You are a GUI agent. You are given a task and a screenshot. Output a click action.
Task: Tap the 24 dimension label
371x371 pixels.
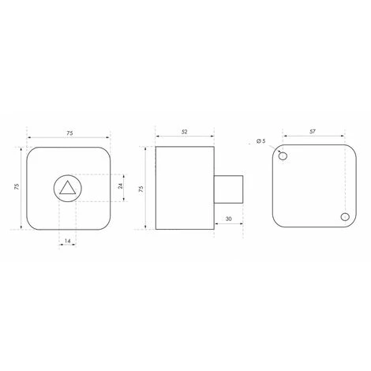(x=121, y=185)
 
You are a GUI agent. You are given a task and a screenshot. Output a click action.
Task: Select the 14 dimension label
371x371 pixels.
(x=68, y=241)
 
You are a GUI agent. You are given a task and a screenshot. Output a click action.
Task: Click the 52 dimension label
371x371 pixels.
(x=185, y=132)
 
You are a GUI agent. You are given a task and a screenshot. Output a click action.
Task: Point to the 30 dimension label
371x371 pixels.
(x=229, y=219)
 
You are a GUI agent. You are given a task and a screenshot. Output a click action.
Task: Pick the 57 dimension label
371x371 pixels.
(x=313, y=131)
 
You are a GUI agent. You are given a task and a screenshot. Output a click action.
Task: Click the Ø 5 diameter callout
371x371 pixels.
(x=261, y=141)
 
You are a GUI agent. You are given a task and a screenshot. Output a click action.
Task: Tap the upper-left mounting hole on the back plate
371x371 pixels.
(x=283, y=156)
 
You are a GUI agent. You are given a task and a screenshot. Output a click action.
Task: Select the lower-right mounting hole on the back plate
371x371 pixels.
(x=345, y=217)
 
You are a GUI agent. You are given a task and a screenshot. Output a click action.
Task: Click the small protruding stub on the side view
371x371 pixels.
(x=228, y=189)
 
